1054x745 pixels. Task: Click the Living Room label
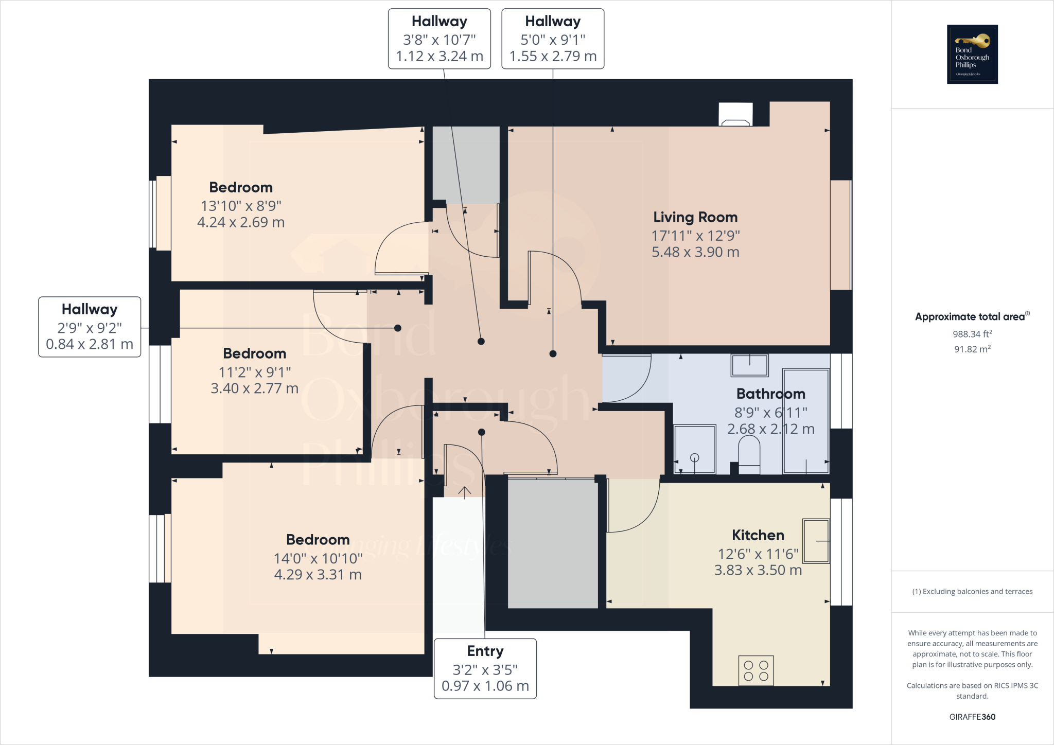coord(695,217)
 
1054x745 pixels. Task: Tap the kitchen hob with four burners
coord(756,670)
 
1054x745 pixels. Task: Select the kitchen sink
coord(816,541)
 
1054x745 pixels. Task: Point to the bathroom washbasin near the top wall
coord(749,365)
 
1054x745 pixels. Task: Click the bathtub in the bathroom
coord(805,420)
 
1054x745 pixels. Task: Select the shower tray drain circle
coord(694,457)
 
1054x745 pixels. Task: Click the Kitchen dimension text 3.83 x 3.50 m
coord(758,570)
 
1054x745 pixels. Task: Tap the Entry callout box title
coord(485,651)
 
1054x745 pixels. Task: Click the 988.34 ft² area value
coord(972,334)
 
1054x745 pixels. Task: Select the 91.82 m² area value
coord(972,349)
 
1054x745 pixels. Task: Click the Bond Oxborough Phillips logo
coord(972,54)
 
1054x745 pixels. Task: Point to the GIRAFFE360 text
coord(972,717)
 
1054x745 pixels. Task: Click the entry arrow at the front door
coord(464,492)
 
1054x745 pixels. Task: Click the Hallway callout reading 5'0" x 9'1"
coord(553,39)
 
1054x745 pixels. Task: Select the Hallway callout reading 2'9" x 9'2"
coord(90,327)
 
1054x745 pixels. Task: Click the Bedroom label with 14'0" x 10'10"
coord(318,540)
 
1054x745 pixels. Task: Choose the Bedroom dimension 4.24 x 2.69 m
coord(240,222)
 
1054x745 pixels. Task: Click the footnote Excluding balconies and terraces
coord(972,591)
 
